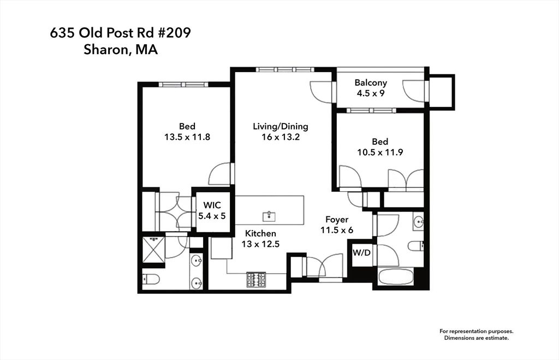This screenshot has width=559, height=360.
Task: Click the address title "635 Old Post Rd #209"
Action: click(x=121, y=33)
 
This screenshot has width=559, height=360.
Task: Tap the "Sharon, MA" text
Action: click(x=121, y=50)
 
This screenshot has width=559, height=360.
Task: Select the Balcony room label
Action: click(x=371, y=83)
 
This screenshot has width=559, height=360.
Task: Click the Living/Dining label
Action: click(x=281, y=126)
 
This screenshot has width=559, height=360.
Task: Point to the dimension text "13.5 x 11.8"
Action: click(x=187, y=137)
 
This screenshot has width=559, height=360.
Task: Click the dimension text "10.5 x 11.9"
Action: click(x=380, y=152)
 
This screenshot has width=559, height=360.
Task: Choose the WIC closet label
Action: click(x=212, y=205)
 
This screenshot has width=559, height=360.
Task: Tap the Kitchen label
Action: click(x=260, y=233)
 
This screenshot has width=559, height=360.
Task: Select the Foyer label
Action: click(x=337, y=220)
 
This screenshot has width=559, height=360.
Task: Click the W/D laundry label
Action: click(x=361, y=252)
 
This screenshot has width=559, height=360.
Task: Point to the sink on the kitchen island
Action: click(x=269, y=216)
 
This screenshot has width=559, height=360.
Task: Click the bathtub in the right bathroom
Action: click(x=396, y=278)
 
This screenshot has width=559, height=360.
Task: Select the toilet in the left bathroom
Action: click(x=151, y=279)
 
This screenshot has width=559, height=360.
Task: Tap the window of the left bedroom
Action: click(x=183, y=85)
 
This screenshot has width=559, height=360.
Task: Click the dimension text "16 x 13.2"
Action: click(x=281, y=137)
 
